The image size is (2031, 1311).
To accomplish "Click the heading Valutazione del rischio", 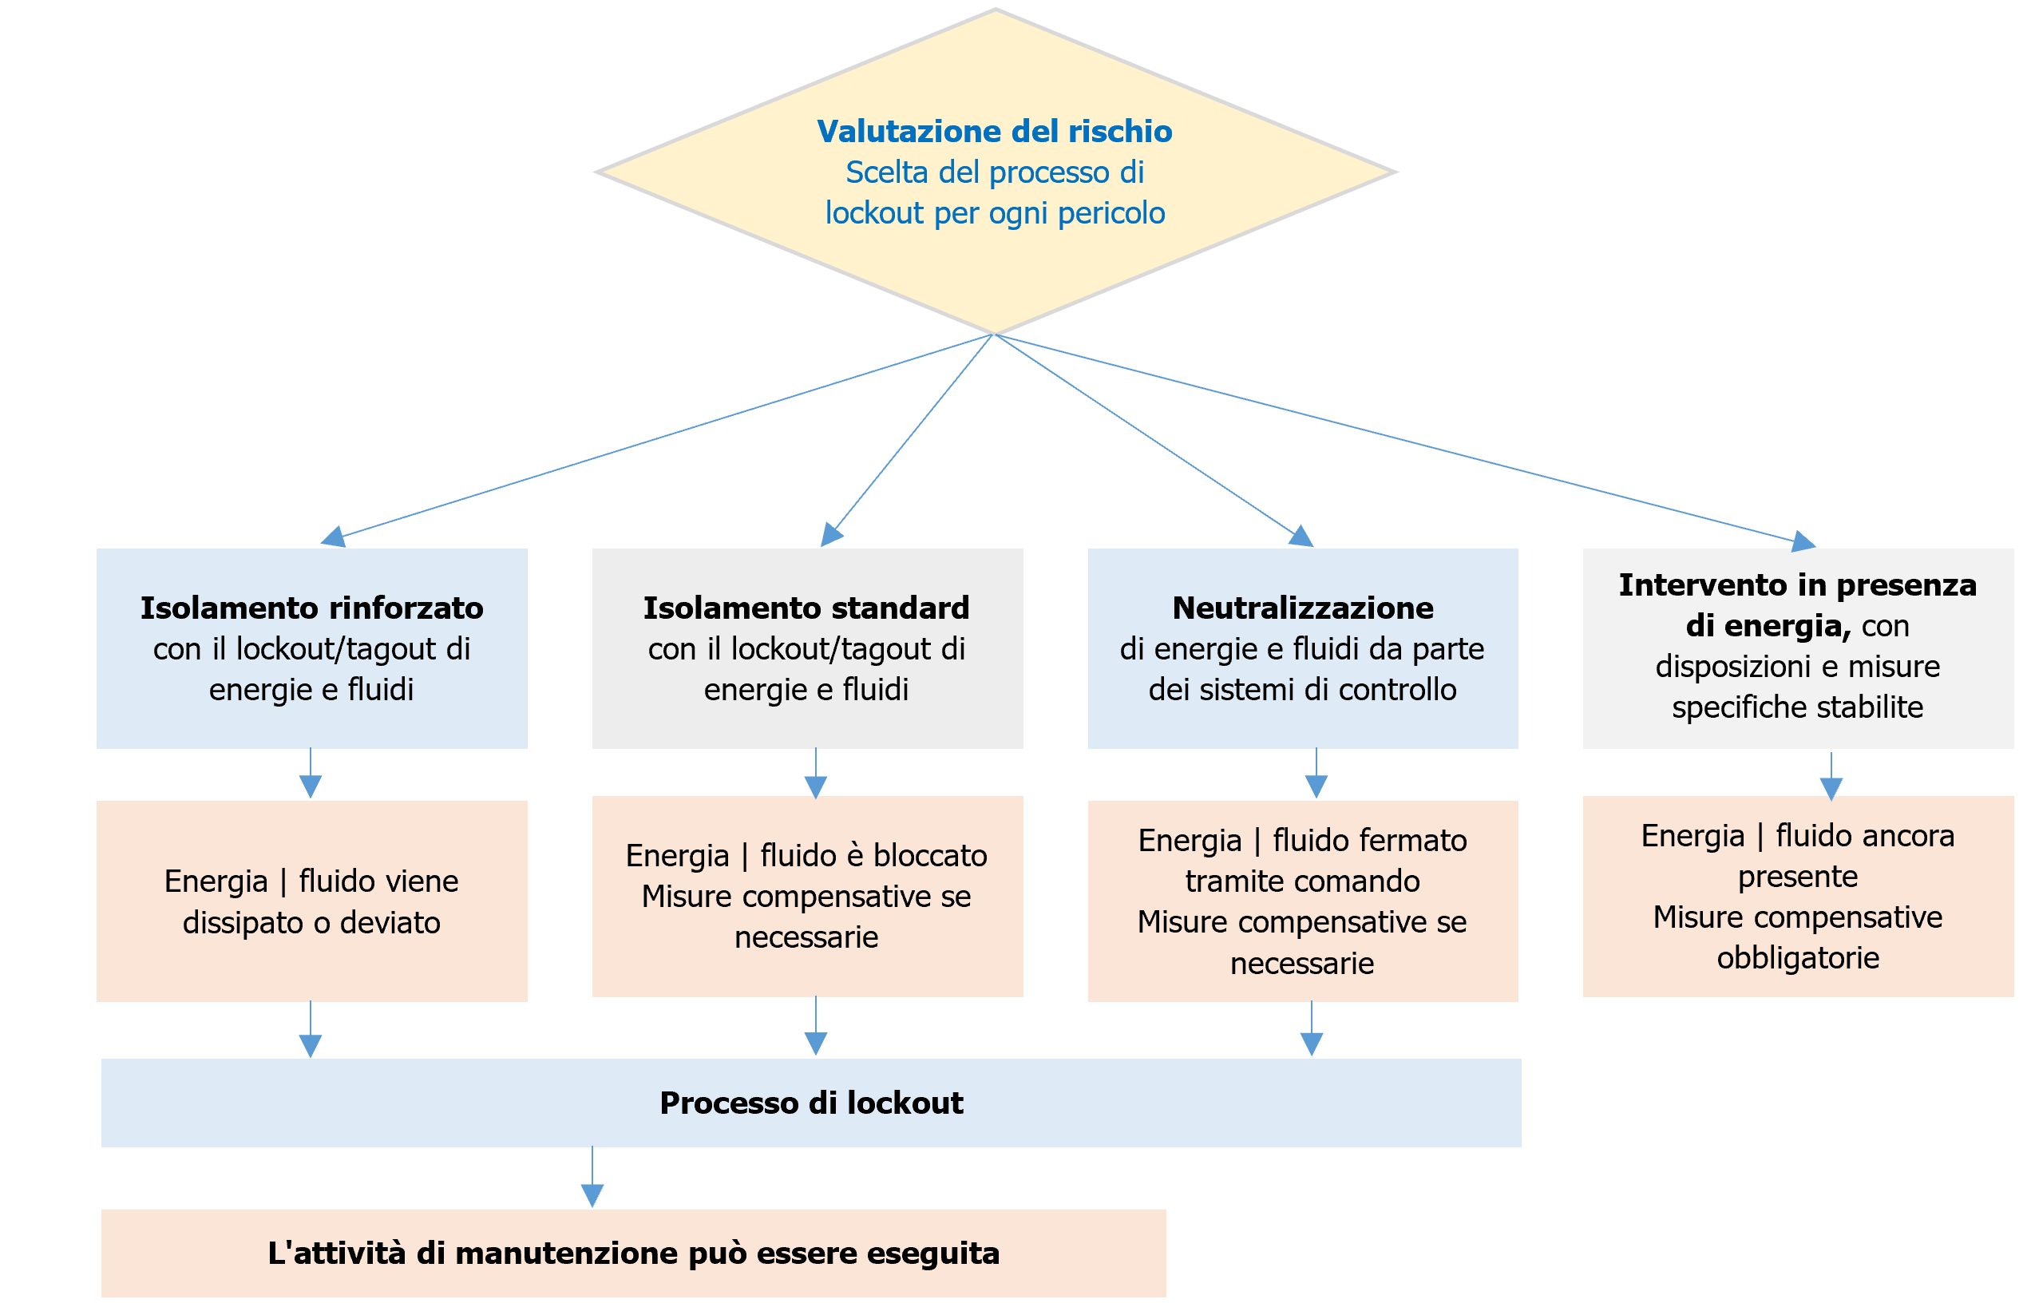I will coord(993,131).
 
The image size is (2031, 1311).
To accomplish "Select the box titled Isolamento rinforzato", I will coord(311,648).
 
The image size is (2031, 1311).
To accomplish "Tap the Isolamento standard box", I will coord(806,648).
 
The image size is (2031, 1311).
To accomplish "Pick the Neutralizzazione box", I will coord(1301,648).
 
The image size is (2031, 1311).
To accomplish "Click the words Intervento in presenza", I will coord(1796,585).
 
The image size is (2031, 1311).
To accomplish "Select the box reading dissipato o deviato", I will coord(311,922).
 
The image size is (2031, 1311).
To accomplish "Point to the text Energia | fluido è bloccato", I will coord(806,856).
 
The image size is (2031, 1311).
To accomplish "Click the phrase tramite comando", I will coord(1301,881).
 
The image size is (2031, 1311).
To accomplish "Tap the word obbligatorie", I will coord(1797,958).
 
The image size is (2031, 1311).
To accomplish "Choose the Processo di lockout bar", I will coord(810,1103).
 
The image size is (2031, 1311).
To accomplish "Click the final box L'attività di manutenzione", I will coord(632,1253).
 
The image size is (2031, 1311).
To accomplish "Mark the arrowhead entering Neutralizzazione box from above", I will coord(1301,536).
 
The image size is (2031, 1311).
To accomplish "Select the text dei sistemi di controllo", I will coord(1301,690).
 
